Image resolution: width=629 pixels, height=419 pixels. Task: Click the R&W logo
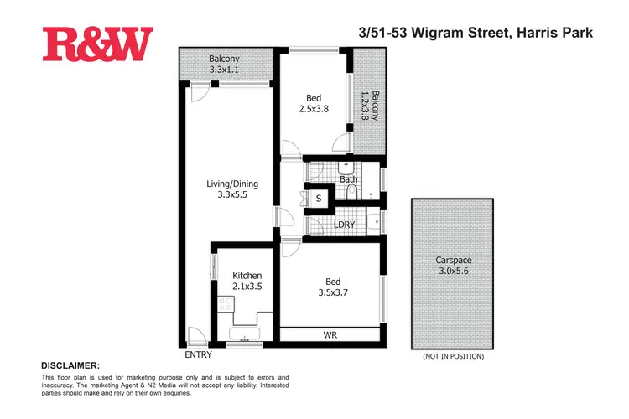97,45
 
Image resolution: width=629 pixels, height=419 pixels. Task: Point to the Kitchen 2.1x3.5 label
247,282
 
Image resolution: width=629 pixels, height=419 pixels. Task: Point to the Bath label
350,179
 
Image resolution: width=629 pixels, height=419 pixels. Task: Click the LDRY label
343,225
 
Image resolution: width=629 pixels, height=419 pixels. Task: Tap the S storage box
319,199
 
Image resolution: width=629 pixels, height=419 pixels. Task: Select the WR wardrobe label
330,336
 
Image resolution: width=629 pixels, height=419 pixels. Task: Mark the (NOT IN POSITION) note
453,356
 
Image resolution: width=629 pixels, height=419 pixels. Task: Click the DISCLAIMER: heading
70,366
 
